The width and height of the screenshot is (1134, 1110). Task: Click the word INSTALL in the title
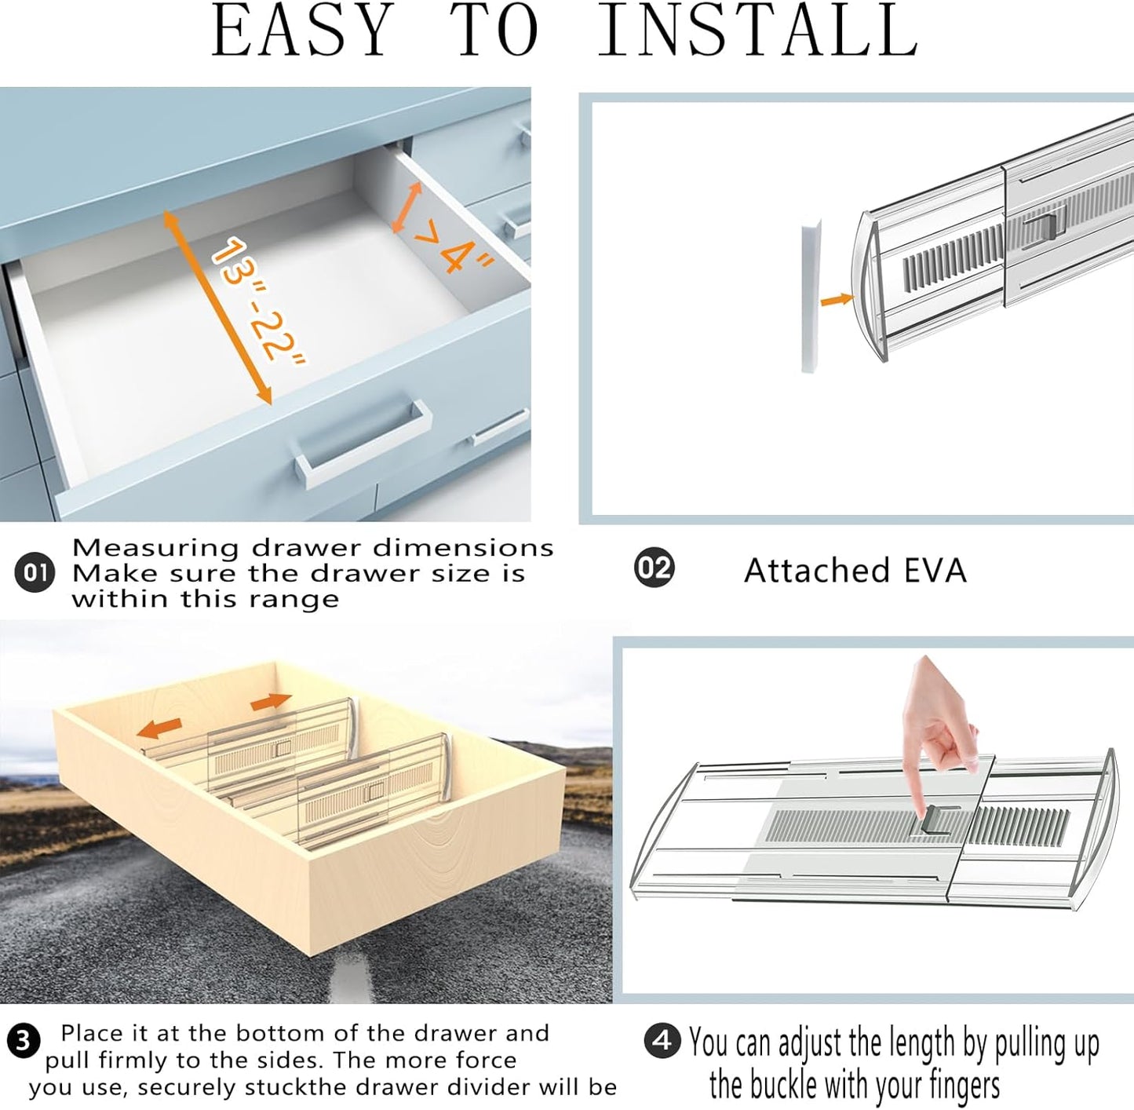757,31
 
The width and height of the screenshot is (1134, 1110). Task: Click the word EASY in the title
302,31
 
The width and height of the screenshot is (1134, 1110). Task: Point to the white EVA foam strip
810,294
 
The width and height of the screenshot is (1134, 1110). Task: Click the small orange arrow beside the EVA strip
837,299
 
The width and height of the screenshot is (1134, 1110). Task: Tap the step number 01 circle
35,572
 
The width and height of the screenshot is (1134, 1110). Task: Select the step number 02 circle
654,568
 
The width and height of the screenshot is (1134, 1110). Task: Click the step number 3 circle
23,1041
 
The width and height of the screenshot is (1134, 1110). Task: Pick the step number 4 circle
662,1041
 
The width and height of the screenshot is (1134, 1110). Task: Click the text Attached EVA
855,571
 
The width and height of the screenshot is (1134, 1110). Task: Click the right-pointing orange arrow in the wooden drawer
272,701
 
